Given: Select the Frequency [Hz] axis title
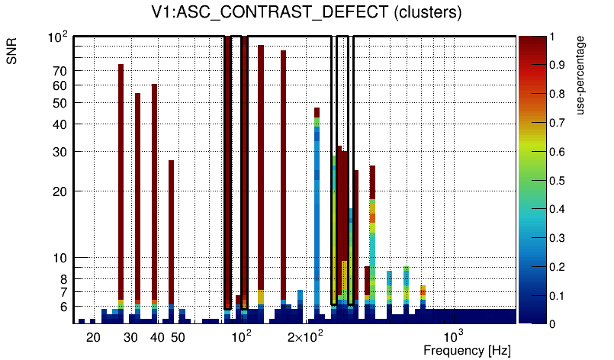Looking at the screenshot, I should [x=467, y=351].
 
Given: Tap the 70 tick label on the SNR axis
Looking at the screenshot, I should [x=60, y=71].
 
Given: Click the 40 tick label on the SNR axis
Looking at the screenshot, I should [x=60, y=124].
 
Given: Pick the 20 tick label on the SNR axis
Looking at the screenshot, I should [x=60, y=191].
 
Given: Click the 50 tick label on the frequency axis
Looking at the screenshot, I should [x=177, y=337].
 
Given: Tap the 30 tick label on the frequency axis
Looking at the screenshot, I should [x=130, y=337].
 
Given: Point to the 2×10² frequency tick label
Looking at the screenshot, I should [x=305, y=336].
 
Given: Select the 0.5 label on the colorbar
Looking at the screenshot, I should [x=556, y=181].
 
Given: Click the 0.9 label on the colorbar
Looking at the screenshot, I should [x=556, y=66].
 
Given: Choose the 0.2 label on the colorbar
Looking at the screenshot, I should [x=556, y=267].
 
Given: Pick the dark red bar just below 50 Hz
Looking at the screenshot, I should [x=172, y=229].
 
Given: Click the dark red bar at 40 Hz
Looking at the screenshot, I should [x=154, y=191].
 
